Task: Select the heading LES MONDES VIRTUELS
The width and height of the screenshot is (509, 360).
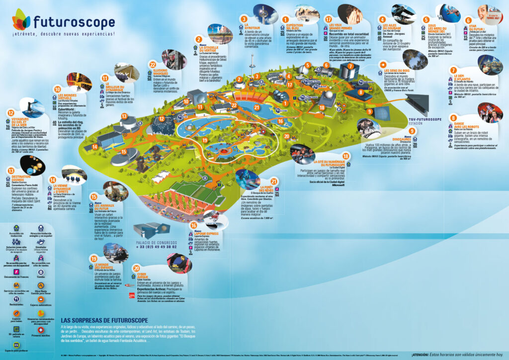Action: (68, 97)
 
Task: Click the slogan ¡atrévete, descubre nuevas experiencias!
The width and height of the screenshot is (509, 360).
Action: (64, 34)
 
